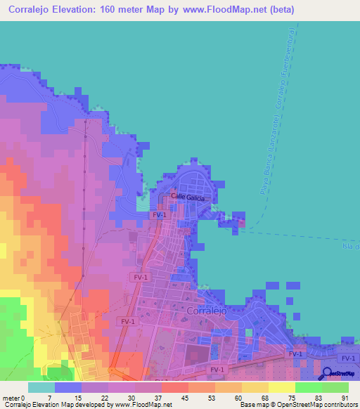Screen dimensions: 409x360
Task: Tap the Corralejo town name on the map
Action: click(210, 309)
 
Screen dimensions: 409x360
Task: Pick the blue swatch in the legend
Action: click(68, 387)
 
